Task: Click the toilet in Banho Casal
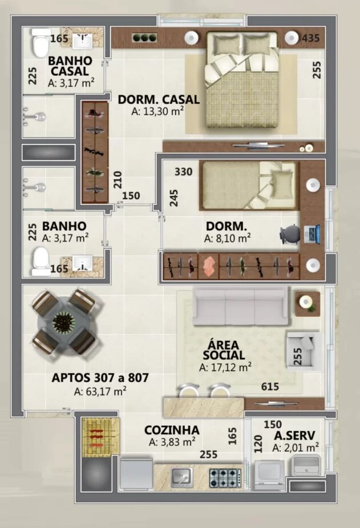tap(41, 43)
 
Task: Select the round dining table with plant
tap(63, 322)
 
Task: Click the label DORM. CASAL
tap(159, 99)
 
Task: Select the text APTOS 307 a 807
tap(100, 377)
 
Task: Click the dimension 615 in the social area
tap(270, 387)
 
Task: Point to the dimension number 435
tap(310, 39)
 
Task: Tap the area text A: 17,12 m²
tap(225, 368)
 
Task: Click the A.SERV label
tap(294, 435)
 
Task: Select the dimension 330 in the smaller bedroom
tap(183, 172)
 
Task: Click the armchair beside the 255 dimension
tap(304, 349)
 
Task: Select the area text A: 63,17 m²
tap(100, 392)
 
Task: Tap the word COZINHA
tap(172, 430)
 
